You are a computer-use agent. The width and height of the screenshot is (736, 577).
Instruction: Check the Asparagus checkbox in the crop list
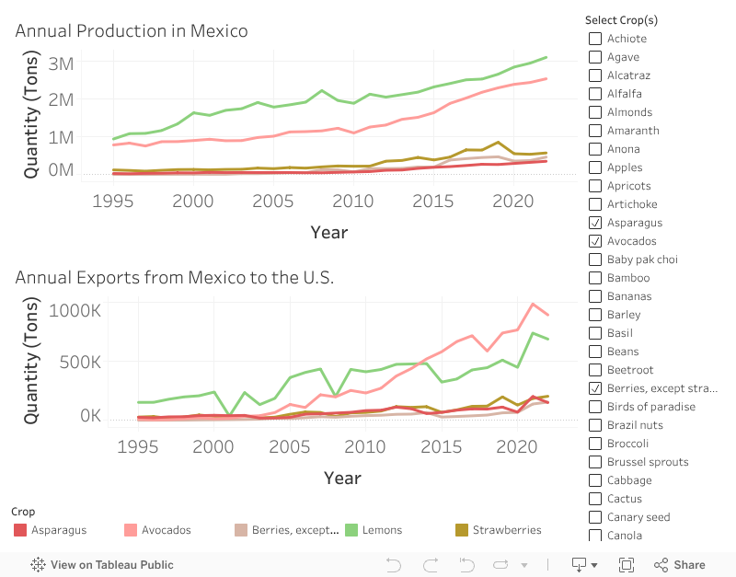(595, 223)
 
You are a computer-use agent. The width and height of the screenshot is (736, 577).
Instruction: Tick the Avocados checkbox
(595, 241)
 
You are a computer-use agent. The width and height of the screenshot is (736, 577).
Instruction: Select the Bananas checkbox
(595, 296)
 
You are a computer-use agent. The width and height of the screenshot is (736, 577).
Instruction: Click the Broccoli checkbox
(595, 444)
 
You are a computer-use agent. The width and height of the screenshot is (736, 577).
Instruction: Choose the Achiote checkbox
(595, 39)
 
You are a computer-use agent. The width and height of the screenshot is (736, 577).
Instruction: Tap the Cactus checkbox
(595, 499)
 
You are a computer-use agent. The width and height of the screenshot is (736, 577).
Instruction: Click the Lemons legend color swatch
(351, 530)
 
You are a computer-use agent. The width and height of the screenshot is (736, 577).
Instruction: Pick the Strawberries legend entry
(506, 530)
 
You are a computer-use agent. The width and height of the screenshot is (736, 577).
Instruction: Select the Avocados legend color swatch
(131, 530)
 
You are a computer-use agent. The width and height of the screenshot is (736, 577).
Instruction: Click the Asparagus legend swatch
(20, 530)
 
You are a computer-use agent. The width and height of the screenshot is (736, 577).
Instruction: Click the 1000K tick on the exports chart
(75, 310)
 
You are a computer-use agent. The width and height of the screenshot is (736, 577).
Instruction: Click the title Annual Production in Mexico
(132, 30)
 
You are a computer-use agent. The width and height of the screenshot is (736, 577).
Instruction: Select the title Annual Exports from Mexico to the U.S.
(174, 277)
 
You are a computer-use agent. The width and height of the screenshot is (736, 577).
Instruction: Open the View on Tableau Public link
(102, 565)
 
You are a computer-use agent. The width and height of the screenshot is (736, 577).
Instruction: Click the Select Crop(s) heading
(621, 20)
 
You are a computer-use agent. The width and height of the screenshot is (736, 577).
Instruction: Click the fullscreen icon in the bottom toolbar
(627, 565)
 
